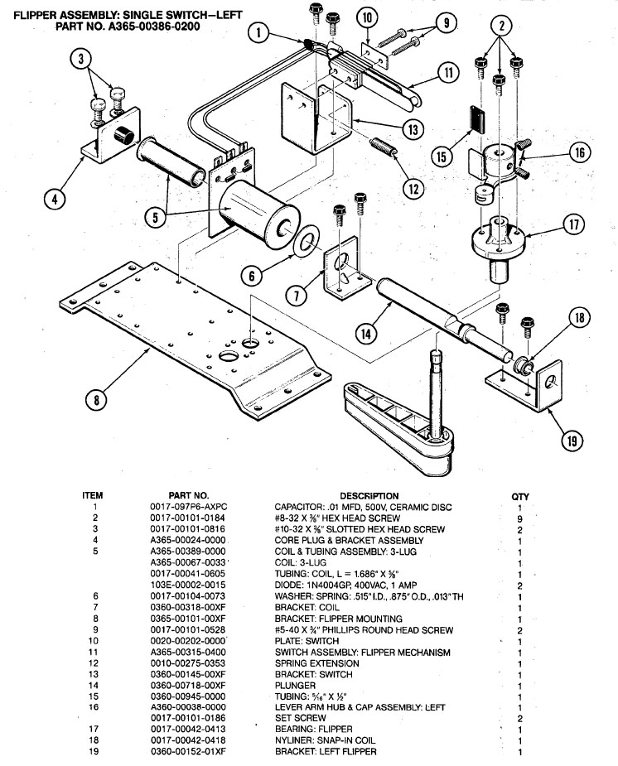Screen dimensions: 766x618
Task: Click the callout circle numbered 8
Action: [97, 399]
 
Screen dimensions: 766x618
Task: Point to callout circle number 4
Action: [56, 199]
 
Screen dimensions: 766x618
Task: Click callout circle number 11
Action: [448, 72]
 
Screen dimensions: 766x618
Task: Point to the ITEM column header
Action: [93, 496]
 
